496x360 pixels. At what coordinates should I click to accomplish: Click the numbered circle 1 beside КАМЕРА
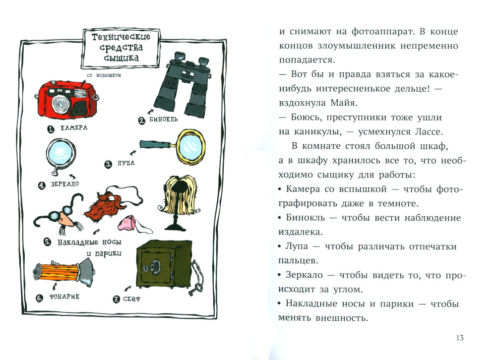[50, 128]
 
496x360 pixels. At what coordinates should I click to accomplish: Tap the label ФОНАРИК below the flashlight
[64, 298]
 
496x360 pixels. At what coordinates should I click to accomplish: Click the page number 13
[459, 338]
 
